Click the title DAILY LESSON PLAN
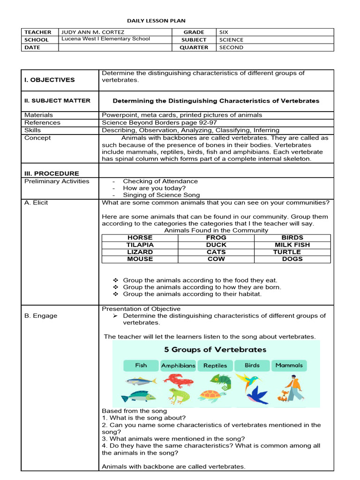click(x=156, y=21)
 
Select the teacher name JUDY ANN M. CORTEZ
click(x=93, y=32)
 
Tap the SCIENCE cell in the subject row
click(x=231, y=40)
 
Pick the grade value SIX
click(x=224, y=32)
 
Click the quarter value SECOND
click(x=231, y=47)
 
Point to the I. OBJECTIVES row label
click(x=49, y=80)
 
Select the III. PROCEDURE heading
click(x=52, y=173)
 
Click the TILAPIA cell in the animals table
click(x=140, y=245)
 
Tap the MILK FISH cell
click(x=292, y=245)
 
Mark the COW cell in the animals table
click(x=216, y=259)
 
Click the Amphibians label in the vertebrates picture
click(x=178, y=366)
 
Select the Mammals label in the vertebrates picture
click(x=289, y=365)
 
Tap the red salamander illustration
click(x=178, y=379)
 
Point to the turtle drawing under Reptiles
click(x=212, y=396)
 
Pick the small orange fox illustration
click(x=283, y=396)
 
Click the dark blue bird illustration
click(x=257, y=395)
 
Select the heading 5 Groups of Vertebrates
click(x=215, y=350)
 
